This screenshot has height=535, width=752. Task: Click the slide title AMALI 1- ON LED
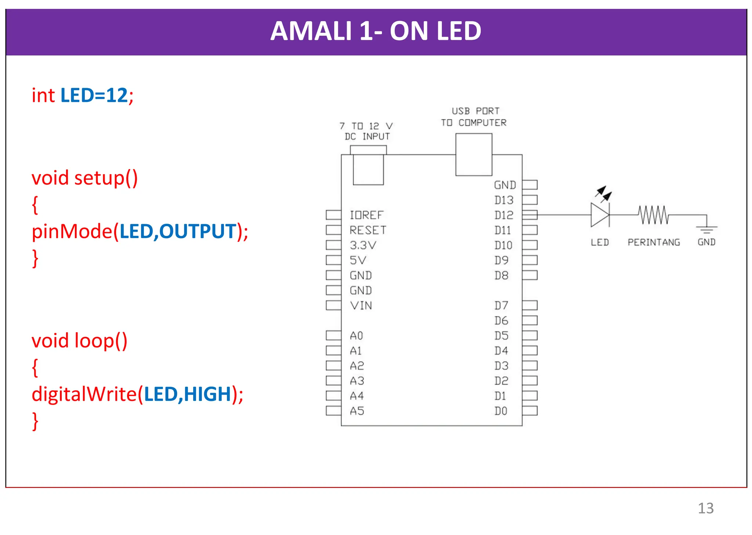(x=376, y=31)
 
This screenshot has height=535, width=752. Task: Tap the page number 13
(x=705, y=508)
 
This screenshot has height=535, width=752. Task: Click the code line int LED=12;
(x=83, y=96)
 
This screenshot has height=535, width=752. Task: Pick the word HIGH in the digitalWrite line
(x=207, y=394)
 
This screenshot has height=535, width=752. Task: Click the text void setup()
(x=84, y=178)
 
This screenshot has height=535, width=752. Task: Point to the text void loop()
(x=79, y=341)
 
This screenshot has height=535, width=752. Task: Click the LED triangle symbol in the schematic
(x=600, y=215)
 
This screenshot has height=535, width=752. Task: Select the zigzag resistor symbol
(x=654, y=215)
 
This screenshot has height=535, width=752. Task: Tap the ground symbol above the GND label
(x=706, y=229)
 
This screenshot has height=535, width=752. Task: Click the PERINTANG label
(x=654, y=243)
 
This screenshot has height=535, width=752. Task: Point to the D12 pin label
(x=503, y=215)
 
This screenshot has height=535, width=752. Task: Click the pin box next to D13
(x=530, y=200)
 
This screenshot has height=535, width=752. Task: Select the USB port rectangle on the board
(x=474, y=155)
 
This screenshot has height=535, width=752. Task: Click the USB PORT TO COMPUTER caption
(x=474, y=117)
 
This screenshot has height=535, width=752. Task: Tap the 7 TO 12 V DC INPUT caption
(x=366, y=132)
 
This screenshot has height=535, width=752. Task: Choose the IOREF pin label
(x=366, y=215)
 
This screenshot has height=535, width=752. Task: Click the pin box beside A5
(x=333, y=411)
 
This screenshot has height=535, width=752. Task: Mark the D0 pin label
(x=501, y=411)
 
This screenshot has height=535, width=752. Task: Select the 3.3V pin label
(x=363, y=245)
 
